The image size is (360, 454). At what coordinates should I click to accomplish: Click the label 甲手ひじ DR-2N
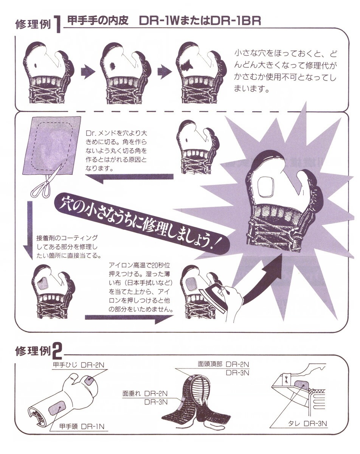79,365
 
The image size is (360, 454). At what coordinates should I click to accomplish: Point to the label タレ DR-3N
307,423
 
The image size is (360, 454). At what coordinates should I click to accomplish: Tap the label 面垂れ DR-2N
145,393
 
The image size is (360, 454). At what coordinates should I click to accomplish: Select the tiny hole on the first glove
36,65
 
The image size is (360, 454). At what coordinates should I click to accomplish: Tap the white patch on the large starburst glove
267,187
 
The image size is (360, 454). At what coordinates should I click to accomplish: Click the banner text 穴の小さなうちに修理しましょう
141,222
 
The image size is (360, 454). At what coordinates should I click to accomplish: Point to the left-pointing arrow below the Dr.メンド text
129,178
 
